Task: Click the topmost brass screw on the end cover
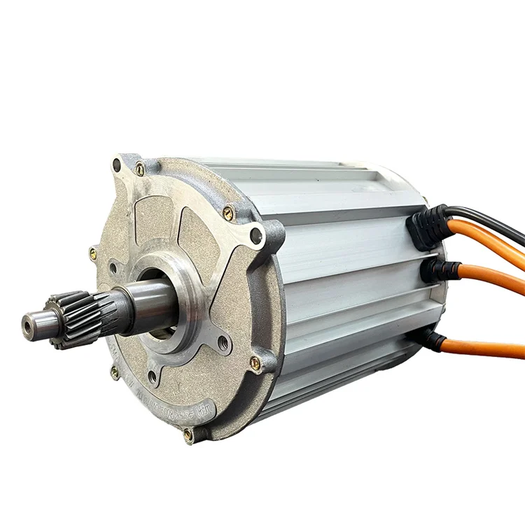(140, 169)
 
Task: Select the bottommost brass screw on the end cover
(188, 435)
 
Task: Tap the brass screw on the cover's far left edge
(93, 253)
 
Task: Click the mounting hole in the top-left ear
(116, 166)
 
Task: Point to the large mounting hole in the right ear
(257, 236)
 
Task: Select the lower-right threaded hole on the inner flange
(223, 343)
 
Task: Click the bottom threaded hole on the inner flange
(153, 377)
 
